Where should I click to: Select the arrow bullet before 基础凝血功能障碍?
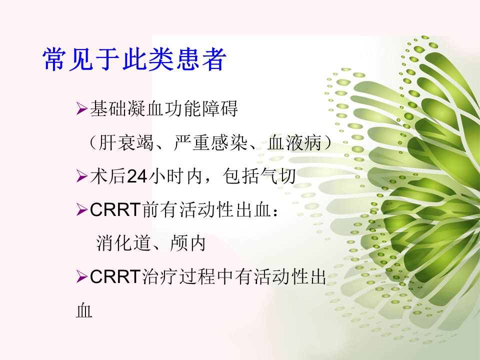coord(82,109)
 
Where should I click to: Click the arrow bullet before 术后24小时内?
coord(82,176)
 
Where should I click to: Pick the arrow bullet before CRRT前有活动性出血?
coord(82,210)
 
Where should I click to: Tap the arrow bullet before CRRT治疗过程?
coord(82,277)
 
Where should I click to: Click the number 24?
coord(137,176)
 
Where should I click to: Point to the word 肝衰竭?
coord(126,143)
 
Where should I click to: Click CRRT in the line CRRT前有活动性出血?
coord(115,210)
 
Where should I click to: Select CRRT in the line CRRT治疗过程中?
coord(115,277)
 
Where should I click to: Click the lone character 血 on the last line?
coord(84,310)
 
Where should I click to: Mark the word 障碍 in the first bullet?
coord(219,109)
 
